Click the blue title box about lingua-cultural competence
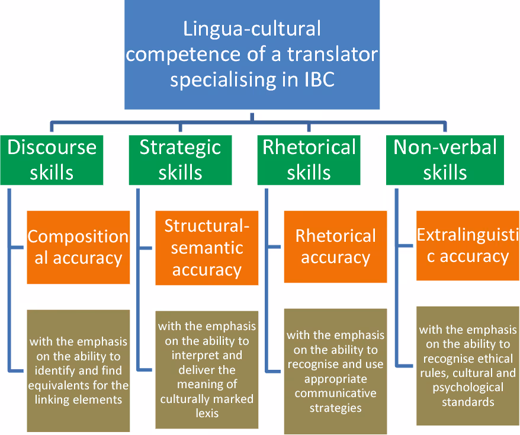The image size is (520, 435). click(252, 55)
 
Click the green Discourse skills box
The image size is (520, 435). click(52, 159)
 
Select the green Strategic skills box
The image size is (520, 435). click(180, 159)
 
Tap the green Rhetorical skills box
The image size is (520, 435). click(309, 159)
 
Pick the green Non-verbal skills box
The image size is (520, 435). click(445, 159)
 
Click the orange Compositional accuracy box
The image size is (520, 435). click(78, 247)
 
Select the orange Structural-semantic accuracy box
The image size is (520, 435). click(207, 248)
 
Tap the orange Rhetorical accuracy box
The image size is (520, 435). click(335, 247)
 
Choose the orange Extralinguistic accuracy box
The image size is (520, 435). click(468, 245)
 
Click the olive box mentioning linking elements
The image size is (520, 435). click(78, 370)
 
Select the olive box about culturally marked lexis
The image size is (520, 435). click(207, 369)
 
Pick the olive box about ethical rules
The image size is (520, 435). click(468, 366)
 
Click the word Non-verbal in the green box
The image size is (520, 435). click(445, 147)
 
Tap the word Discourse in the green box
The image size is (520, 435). click(52, 147)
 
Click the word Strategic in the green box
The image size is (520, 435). click(180, 147)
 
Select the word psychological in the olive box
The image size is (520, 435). click(468, 388)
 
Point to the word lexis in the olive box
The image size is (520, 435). click(207, 412)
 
